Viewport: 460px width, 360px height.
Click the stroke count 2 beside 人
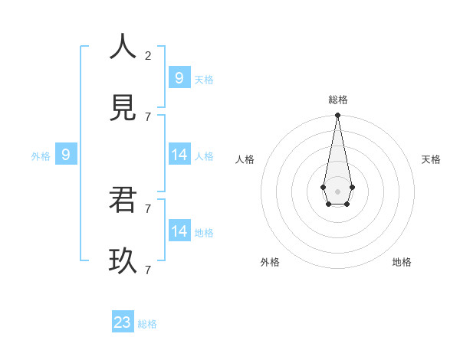[x=148, y=55]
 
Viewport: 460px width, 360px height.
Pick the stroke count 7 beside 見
[x=148, y=116]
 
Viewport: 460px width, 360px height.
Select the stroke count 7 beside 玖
[x=148, y=270]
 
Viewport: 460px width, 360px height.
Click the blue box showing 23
[x=123, y=322]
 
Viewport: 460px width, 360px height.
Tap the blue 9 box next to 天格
[x=179, y=77]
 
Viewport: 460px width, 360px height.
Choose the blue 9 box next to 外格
[x=66, y=155]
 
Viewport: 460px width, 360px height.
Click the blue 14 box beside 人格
[x=179, y=155]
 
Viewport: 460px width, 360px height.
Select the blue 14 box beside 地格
[x=179, y=231]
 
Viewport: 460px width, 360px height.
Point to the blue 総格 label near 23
[x=147, y=324]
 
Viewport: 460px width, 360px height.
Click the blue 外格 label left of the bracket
[x=41, y=156]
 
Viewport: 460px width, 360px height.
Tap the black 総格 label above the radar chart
[x=338, y=100]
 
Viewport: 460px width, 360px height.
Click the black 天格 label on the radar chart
[x=431, y=159]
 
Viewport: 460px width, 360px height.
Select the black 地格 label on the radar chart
[x=402, y=262]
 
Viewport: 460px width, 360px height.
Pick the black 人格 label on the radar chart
[x=245, y=159]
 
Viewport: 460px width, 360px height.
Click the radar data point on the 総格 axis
[x=337, y=115]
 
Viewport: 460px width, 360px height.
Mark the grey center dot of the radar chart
[x=337, y=191]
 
